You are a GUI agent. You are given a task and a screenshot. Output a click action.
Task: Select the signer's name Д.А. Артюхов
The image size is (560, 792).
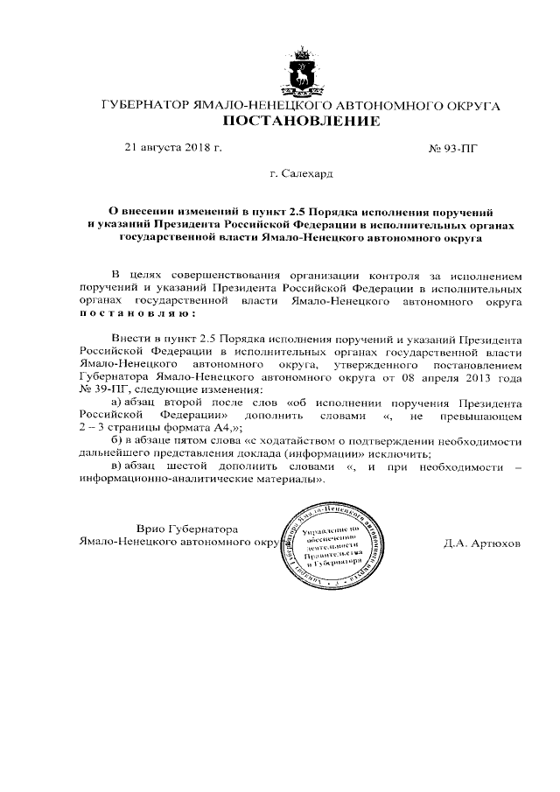482,543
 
